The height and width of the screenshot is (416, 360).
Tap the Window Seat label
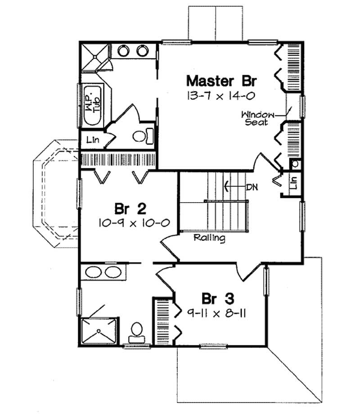pos(256,118)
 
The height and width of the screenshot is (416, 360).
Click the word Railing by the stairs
pos(210,238)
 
